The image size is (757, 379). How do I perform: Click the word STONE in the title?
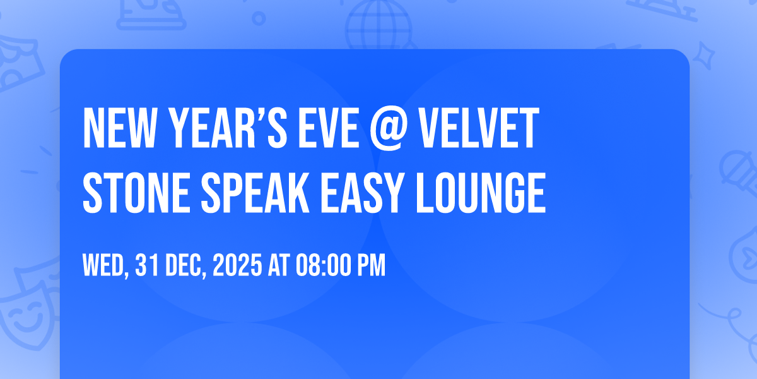[x=136, y=193]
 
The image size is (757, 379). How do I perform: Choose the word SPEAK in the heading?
[x=255, y=193]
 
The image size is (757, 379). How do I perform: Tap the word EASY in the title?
[x=363, y=193]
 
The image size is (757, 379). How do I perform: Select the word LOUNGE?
[x=481, y=193]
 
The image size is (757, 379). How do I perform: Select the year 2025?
[x=237, y=265]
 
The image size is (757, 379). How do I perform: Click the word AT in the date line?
[x=279, y=265]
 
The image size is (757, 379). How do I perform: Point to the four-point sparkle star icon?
[x=703, y=56]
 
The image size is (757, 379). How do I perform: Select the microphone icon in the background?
[x=739, y=173]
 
